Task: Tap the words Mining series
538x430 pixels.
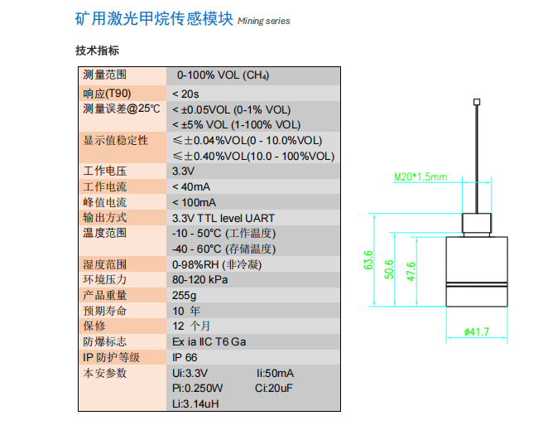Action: click(x=263, y=21)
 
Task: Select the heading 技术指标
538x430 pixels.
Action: click(x=97, y=51)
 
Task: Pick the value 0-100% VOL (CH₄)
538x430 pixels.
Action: click(x=223, y=75)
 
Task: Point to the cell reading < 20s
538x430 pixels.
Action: click(x=185, y=93)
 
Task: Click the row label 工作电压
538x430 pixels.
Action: click(x=104, y=171)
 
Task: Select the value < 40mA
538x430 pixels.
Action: click(x=194, y=186)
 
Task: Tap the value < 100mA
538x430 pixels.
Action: click(x=196, y=202)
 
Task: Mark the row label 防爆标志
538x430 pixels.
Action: click(x=104, y=341)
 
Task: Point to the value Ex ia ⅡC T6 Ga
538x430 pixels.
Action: click(x=209, y=341)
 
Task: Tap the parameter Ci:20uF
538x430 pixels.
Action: click(x=274, y=388)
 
